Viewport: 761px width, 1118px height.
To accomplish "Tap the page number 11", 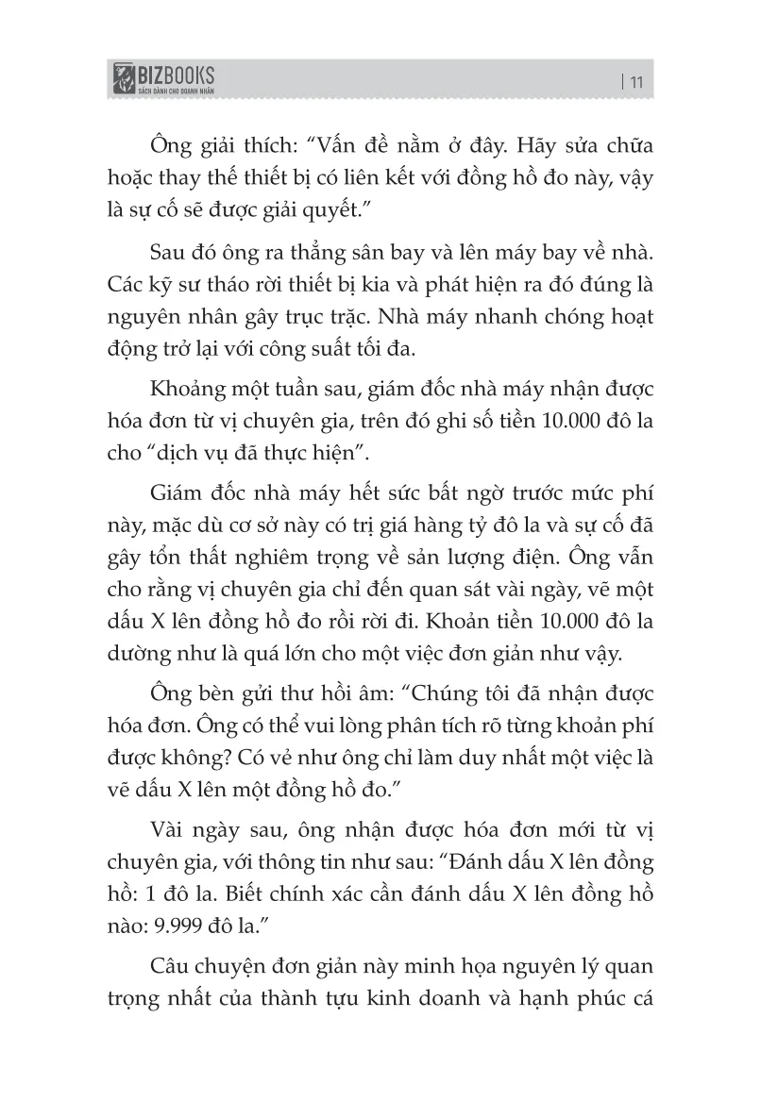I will click(635, 81).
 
